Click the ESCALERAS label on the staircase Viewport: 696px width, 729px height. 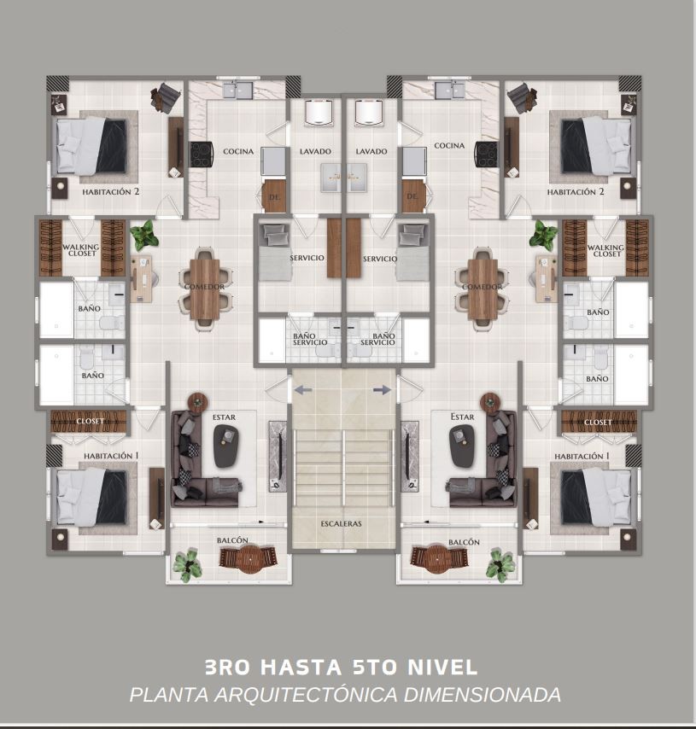[x=341, y=523]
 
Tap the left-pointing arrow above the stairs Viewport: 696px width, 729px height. [x=303, y=390]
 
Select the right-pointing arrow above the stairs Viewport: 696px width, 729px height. [x=382, y=390]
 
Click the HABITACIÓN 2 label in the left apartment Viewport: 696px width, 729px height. [x=111, y=191]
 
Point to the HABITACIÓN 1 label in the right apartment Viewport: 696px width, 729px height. [x=582, y=457]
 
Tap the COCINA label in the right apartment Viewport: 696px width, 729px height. [x=449, y=145]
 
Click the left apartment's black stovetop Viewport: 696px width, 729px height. [x=202, y=154]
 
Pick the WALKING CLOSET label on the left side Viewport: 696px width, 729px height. [x=81, y=250]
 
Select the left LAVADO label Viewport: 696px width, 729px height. [x=315, y=151]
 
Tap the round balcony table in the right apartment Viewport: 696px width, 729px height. [x=437, y=558]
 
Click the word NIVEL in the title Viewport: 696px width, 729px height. [x=442, y=667]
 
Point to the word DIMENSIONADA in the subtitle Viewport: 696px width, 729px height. [x=482, y=695]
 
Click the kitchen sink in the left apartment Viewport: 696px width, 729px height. [x=237, y=90]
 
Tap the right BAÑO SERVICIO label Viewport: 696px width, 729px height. [x=377, y=339]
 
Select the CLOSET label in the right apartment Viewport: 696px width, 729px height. [x=598, y=423]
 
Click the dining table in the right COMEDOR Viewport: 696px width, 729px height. [x=483, y=289]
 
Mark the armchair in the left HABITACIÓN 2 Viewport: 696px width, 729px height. [x=165, y=97]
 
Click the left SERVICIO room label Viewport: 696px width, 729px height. [x=307, y=258]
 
